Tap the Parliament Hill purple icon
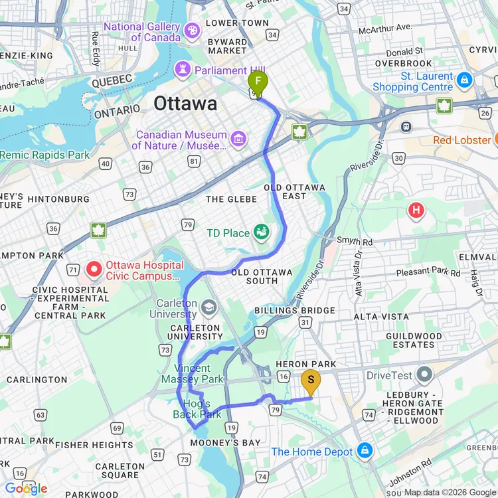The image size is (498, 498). coord(182,70)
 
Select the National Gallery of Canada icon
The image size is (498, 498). coord(192,31)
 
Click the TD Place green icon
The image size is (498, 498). coord(262,232)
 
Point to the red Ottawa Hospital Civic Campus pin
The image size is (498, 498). coord(94,270)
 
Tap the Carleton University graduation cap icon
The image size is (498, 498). coord(209,307)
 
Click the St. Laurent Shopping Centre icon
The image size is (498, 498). coord(465,80)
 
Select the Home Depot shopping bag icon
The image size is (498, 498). coord(364,452)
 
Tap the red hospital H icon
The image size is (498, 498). coord(416,211)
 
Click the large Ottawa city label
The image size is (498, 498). coord(185,104)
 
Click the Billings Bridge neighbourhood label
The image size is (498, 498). coord(295,311)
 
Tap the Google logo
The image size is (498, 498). coord(27,489)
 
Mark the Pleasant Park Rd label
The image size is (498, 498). coord(428,273)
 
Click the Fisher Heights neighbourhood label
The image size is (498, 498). coord(85,445)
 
